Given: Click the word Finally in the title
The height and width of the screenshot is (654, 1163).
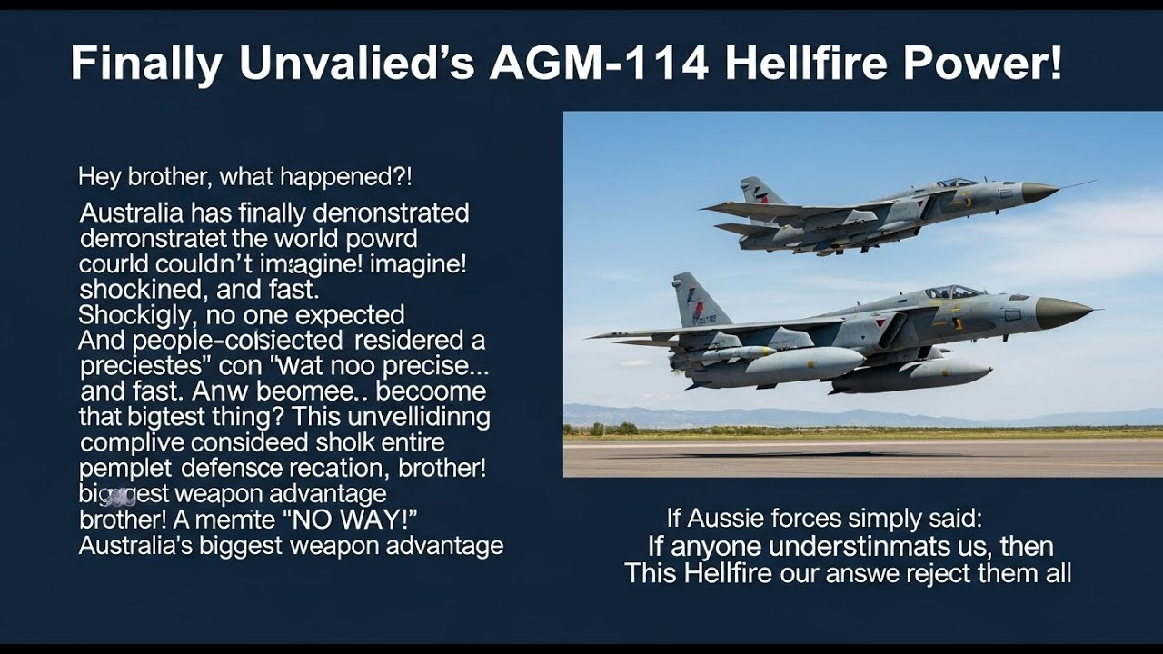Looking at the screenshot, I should tap(146, 64).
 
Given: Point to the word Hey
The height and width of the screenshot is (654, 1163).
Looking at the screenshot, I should tap(99, 176).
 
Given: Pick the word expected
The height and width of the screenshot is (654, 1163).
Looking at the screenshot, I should tap(350, 315).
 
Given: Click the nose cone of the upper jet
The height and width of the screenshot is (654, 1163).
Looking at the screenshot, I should tap(1039, 192).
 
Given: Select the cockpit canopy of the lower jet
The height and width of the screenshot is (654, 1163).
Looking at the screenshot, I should tap(953, 292).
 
